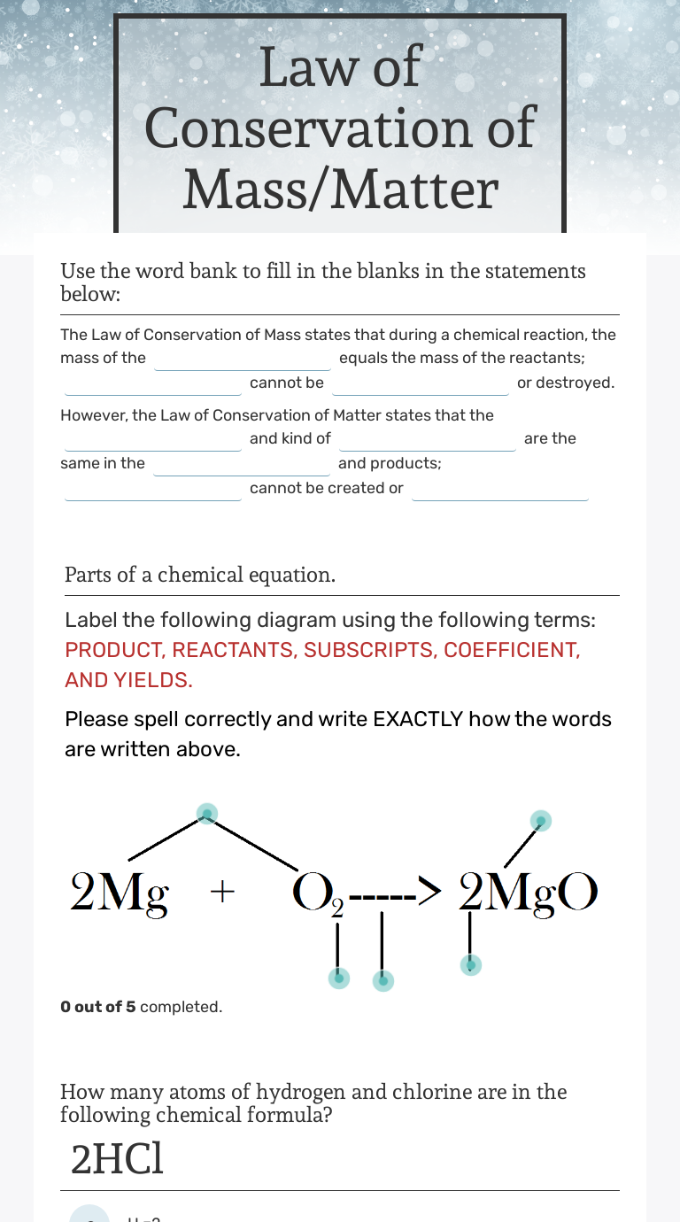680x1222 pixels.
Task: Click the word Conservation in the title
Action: (340, 128)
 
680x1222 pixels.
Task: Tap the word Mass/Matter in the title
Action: (340, 189)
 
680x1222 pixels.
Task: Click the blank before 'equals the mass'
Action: (243, 359)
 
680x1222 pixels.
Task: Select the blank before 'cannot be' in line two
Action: (153, 383)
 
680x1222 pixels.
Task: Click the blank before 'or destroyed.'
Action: (421, 383)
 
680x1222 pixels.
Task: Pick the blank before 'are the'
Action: (428, 439)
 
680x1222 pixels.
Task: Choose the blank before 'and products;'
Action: (242, 464)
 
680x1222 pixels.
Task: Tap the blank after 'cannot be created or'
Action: (500, 489)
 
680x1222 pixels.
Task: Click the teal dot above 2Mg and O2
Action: (206, 814)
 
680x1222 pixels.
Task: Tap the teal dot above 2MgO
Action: (541, 821)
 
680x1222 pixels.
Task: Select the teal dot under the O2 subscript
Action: (337, 978)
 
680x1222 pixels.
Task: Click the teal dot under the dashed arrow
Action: (382, 980)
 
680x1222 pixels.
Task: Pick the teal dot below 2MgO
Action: (471, 964)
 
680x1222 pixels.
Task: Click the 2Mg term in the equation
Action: (120, 892)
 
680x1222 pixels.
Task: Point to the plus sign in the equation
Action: (221, 892)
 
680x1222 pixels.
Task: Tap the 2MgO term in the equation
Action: (529, 892)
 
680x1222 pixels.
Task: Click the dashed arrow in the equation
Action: (394, 893)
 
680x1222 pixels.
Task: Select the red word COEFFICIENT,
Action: (512, 650)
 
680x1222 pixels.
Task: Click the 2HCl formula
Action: (117, 1160)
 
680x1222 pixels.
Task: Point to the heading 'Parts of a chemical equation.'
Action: (200, 575)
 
